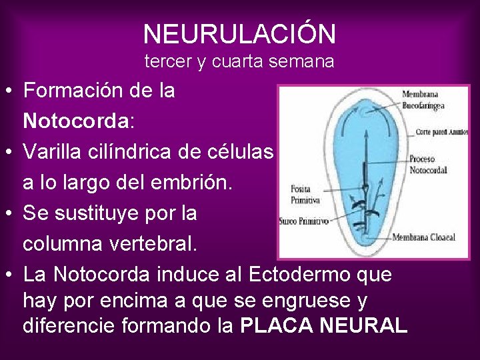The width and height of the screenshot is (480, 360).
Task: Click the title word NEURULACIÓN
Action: tap(239, 33)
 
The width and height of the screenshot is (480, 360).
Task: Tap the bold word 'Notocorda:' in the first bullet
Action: tap(79, 121)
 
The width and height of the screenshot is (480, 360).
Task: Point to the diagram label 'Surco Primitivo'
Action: tap(304, 221)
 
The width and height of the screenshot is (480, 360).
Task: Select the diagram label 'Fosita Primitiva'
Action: tap(305, 195)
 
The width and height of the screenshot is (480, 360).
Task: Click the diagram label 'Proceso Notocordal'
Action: tap(427, 165)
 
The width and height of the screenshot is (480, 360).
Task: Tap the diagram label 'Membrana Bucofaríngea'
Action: tap(423, 99)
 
